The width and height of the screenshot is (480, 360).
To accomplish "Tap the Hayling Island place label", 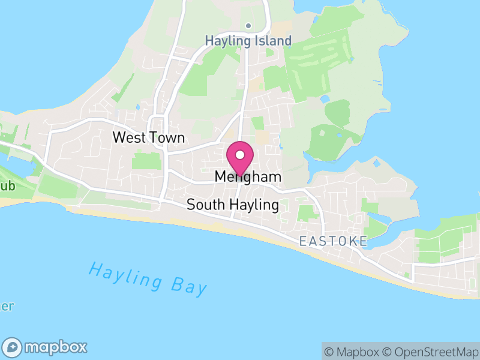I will click(x=248, y=41).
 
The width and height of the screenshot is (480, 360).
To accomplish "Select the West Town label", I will click(x=149, y=137).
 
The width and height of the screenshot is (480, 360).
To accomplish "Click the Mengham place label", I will click(x=248, y=178).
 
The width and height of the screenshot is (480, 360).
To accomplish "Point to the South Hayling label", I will click(x=233, y=205).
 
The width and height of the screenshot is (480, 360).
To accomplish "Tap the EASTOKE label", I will click(x=333, y=241).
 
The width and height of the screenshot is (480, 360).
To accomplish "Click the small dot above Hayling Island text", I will click(x=248, y=26).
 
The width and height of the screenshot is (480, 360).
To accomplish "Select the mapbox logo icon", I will click(x=13, y=347).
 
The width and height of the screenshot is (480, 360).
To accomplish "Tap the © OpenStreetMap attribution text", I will click(x=430, y=352).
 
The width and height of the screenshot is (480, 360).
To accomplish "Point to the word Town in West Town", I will click(x=167, y=137).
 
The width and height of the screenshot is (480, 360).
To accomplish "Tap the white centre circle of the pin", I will click(x=240, y=154).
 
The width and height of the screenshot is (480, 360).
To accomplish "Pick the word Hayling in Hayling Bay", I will click(x=126, y=274).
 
